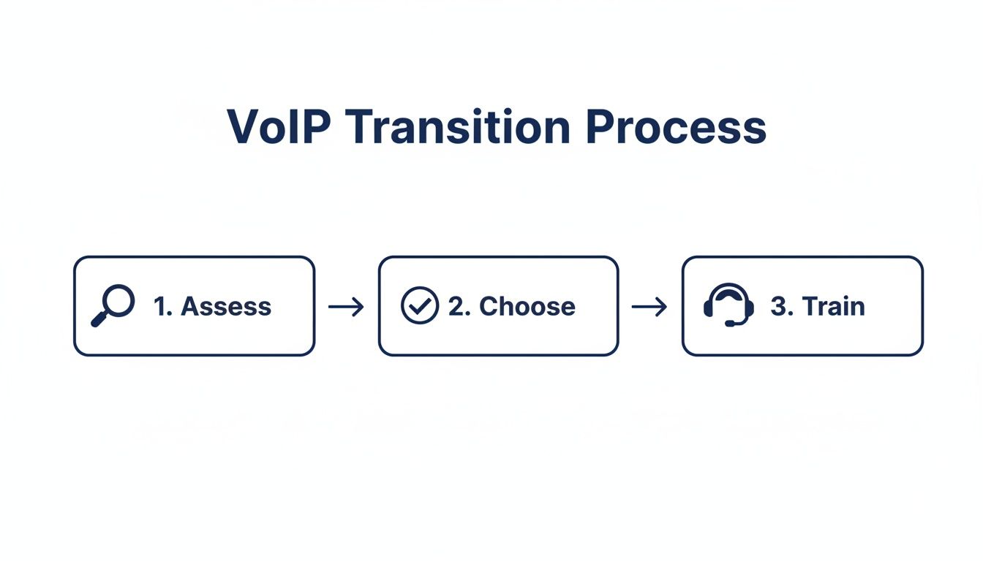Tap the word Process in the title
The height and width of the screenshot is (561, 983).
(676, 127)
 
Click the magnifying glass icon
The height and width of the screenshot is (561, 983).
(113, 305)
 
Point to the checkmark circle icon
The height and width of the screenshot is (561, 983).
(420, 305)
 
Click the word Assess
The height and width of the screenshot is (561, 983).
(226, 306)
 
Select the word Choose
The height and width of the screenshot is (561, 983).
(527, 306)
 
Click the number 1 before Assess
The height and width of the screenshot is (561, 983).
(161, 306)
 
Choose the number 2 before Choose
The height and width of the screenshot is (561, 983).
(458, 306)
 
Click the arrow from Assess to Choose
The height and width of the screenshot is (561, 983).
(346, 307)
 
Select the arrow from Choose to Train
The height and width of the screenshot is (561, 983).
(649, 307)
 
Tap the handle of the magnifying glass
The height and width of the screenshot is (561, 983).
(99, 319)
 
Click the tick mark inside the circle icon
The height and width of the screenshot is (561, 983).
(420, 306)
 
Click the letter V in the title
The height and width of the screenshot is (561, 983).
(243, 127)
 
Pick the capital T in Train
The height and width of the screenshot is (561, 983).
(809, 306)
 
